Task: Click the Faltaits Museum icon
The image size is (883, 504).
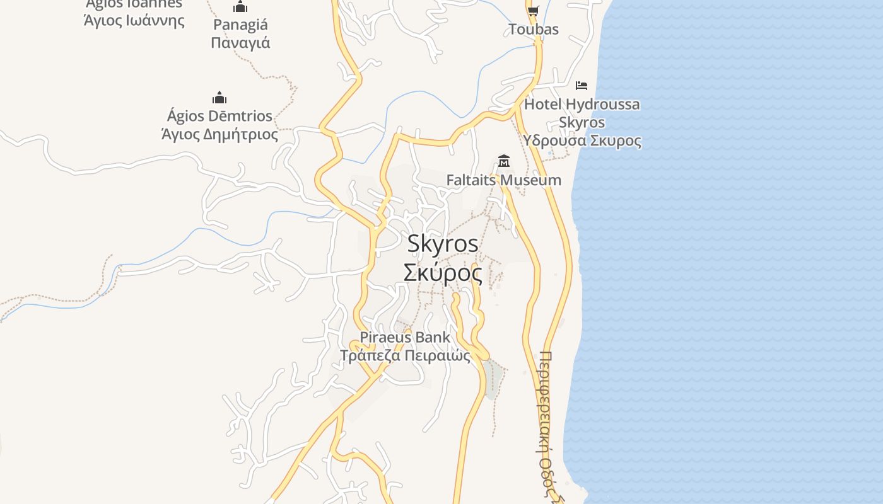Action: coord(503,161)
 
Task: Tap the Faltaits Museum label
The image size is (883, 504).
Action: coord(503,180)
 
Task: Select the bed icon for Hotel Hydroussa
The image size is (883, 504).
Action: coord(582,85)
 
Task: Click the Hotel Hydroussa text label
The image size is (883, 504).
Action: coord(582,105)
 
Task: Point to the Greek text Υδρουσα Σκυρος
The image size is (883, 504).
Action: coord(582,140)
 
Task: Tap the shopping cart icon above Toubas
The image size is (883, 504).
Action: coord(533,10)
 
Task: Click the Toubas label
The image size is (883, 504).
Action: coord(533,30)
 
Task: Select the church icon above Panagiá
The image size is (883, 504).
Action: coord(240,8)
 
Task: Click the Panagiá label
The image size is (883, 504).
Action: coord(240,25)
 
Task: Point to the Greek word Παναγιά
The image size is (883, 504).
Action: coord(240,43)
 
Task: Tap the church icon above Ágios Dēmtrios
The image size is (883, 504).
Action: coord(219,98)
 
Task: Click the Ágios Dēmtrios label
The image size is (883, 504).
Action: coord(219,116)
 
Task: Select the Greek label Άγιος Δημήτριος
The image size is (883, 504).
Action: coord(219,134)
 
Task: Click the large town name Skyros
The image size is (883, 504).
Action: coord(442,244)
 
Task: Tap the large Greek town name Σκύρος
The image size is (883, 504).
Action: coord(442,273)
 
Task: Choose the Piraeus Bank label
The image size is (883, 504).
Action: coord(405,337)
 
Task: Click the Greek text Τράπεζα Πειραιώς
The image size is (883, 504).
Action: coord(405,355)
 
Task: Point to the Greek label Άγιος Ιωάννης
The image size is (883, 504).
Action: coord(134,20)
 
